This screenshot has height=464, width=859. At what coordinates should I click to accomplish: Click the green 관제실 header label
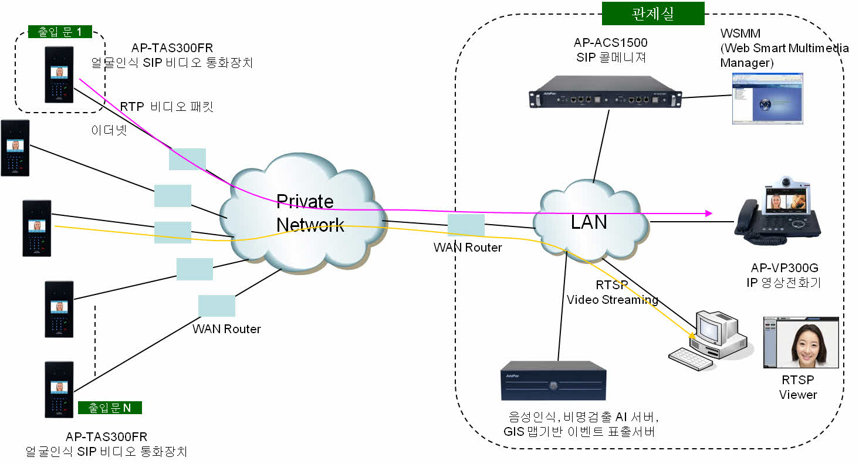click(652, 13)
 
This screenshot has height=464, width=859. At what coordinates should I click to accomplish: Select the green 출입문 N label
click(110, 408)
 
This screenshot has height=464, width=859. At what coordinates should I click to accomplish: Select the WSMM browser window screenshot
click(766, 99)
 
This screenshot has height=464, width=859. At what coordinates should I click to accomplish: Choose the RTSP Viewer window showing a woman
click(800, 343)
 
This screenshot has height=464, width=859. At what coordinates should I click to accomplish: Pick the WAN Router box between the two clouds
click(466, 225)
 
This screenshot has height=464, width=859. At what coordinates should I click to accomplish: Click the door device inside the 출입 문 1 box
click(59, 75)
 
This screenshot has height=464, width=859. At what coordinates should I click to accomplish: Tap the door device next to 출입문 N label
click(59, 390)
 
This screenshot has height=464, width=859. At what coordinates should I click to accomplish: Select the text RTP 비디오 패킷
click(167, 106)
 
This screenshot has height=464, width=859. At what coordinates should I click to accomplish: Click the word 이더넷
click(109, 130)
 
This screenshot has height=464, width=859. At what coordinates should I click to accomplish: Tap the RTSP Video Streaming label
click(612, 293)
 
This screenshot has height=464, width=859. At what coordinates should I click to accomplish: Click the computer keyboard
click(691, 358)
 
